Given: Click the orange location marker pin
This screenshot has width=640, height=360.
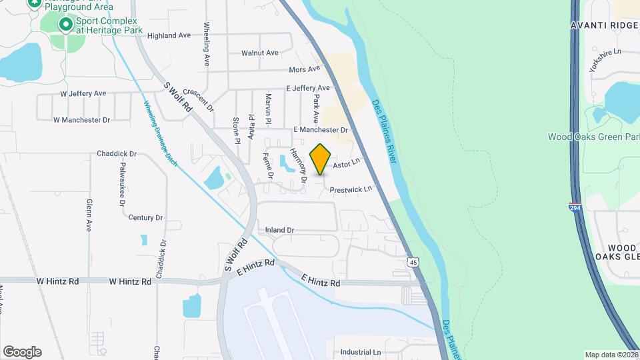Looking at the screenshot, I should point(321,159).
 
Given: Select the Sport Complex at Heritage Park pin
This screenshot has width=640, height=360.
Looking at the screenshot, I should point(65,25).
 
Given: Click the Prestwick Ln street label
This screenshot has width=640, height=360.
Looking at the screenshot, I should point(351,190).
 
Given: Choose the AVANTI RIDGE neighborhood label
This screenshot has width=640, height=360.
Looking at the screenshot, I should point(605,25).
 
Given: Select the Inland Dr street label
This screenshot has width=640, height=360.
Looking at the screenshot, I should point(279,230).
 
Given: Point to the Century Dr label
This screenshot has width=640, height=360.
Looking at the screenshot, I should point(145,217).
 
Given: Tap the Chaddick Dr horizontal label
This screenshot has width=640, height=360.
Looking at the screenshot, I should point(117,153).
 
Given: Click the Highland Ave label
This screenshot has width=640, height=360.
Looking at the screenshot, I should point(169,35).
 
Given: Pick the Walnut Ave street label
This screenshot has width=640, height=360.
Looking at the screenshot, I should point(260,52).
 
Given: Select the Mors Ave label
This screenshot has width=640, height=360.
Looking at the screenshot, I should point(305,69).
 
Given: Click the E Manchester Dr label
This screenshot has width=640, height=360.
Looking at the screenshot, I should point(321,129).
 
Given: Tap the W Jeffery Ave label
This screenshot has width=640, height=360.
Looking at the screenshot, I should point(83,94).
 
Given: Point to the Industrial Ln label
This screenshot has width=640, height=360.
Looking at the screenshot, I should point(360,352).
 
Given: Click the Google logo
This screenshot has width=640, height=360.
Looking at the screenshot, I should point(22,352).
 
